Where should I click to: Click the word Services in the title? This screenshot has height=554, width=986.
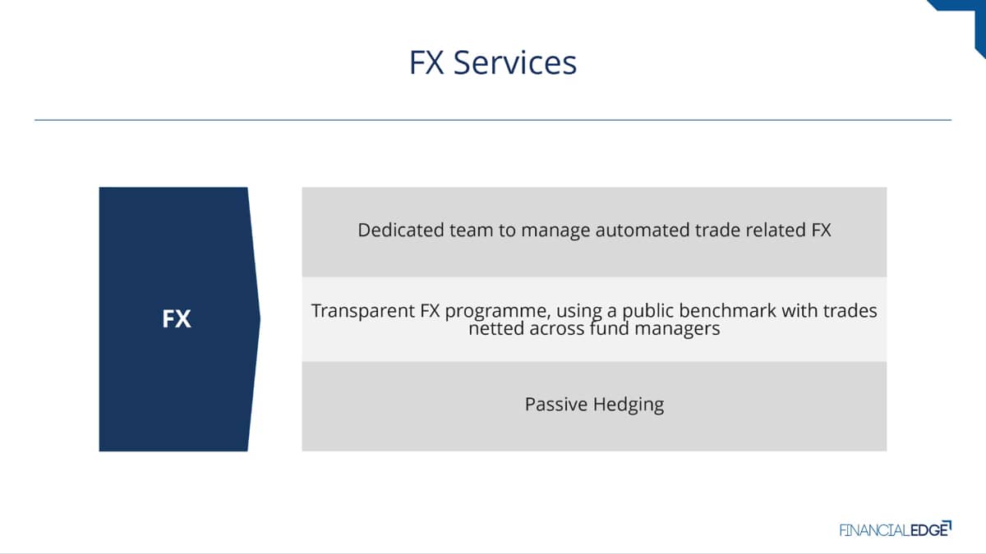coord(515,62)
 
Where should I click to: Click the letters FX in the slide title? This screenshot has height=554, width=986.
coord(426,62)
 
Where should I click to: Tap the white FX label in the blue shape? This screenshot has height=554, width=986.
coord(177,318)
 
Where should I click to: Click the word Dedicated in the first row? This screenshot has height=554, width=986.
coord(401,230)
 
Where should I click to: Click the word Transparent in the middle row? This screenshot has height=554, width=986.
coord(362,311)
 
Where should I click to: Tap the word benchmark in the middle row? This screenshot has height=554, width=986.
coord(727,310)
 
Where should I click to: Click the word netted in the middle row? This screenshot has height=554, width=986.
coord(496,328)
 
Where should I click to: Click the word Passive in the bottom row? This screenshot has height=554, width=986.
coord(556,404)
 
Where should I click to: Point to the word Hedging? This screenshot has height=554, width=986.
coord(629,405)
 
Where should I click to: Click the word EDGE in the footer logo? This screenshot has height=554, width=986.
coord(928,530)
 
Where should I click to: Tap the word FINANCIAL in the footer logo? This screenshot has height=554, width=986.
coord(874,530)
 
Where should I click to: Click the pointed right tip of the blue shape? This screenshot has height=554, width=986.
coord(260,318)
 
